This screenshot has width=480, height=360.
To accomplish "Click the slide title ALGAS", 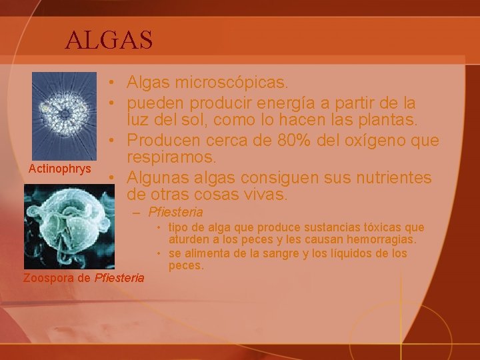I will point(109,40).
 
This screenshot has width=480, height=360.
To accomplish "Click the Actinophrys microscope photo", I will point(64,115).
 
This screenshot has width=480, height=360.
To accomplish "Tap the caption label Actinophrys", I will point(60,169).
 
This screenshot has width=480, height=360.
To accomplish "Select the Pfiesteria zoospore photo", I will point(69,226).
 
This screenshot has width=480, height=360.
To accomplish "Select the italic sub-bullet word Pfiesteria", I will point(175,213).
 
